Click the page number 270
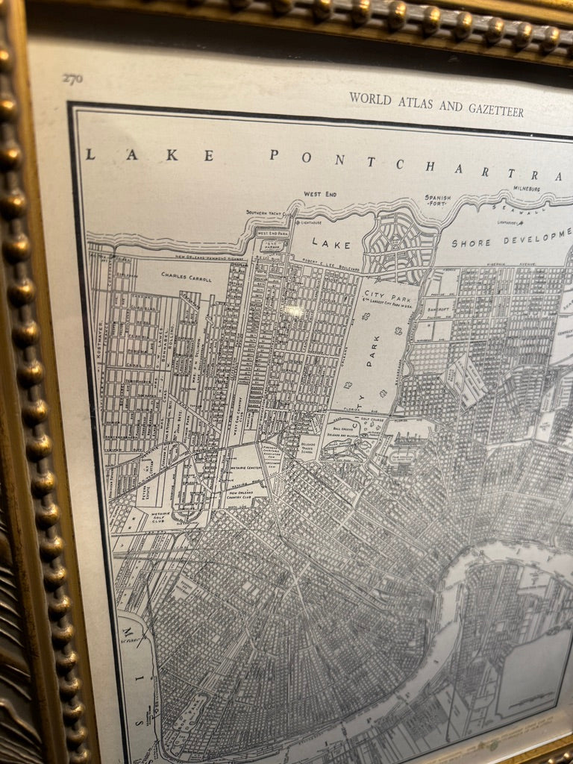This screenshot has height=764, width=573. [x=72, y=78]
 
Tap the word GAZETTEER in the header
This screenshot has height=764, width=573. [x=495, y=110]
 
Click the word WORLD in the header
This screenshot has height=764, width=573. [x=370, y=98]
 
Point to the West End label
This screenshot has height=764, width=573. [x=319, y=194]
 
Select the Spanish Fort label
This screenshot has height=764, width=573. [x=438, y=201]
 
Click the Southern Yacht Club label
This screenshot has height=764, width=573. [x=266, y=211]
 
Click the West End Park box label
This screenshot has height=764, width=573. [x=272, y=233]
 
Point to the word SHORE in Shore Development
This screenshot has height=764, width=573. [x=472, y=242]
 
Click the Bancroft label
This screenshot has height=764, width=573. [x=440, y=306]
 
